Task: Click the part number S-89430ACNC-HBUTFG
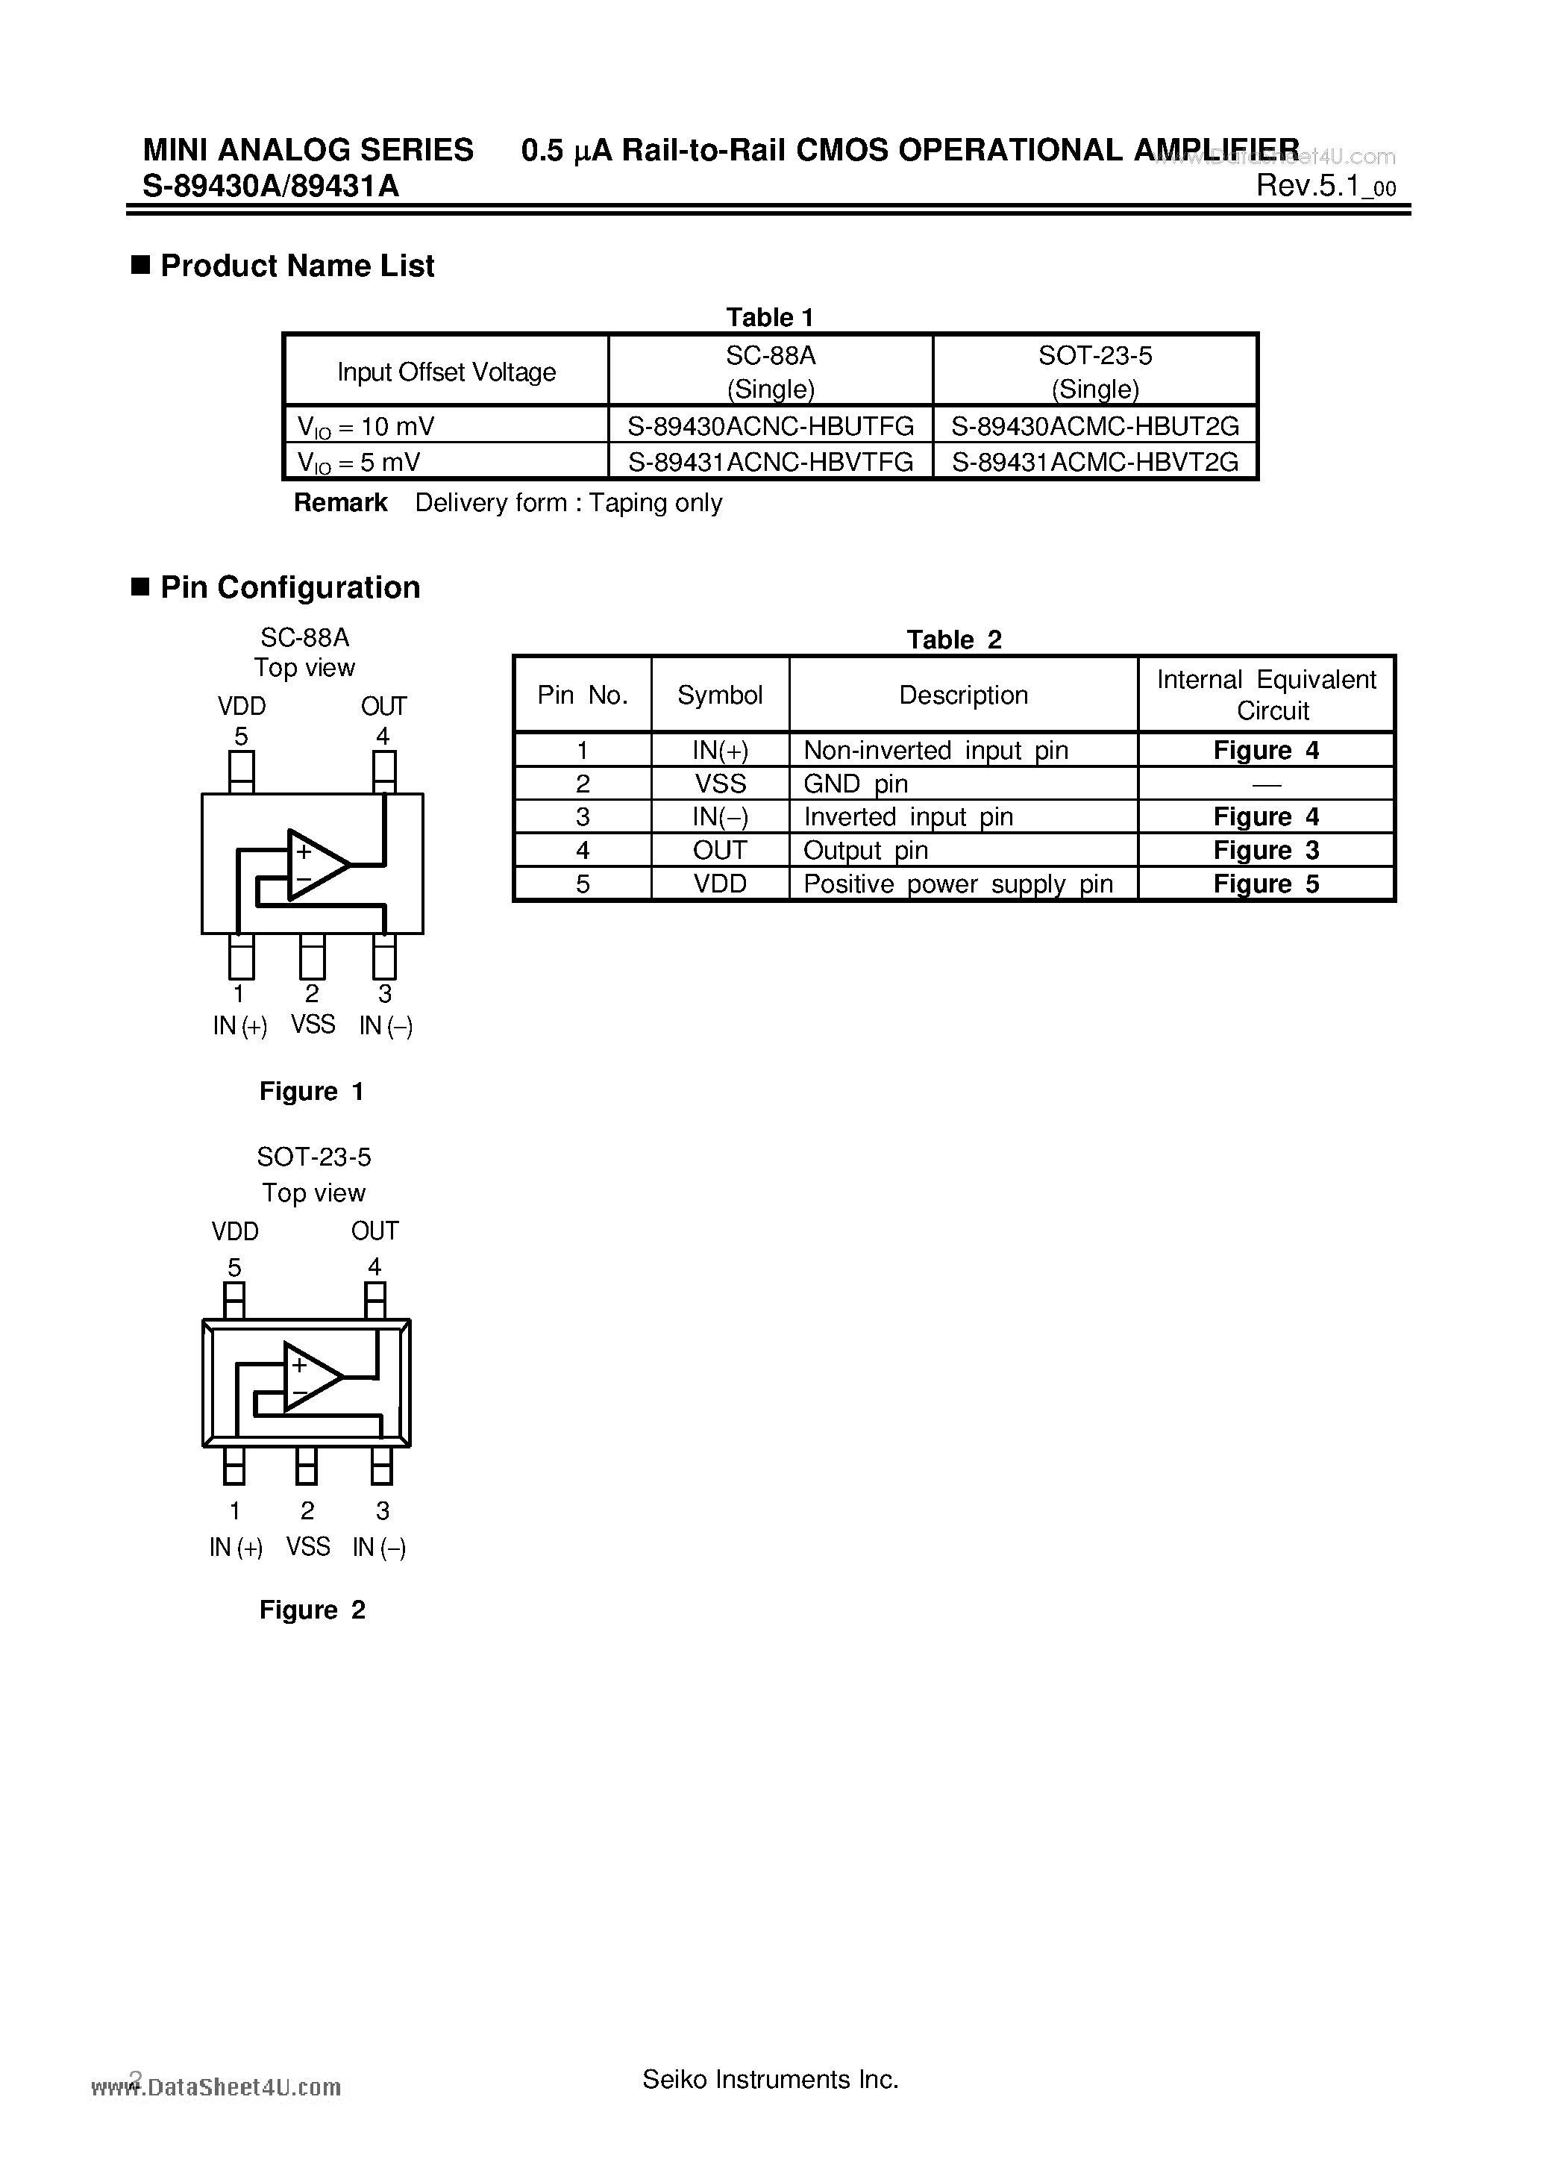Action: tap(771, 426)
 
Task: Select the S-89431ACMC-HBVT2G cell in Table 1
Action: tap(1095, 462)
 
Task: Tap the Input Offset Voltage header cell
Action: tap(447, 372)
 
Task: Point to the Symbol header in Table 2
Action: tap(720, 695)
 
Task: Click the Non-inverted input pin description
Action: tap(935, 751)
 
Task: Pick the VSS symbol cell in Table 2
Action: tap(720, 784)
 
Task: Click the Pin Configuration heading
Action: tap(289, 587)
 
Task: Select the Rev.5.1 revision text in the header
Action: tap(1326, 187)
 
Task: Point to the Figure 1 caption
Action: tap(312, 1091)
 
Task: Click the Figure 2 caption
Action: tap(312, 1610)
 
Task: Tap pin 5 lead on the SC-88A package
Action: tap(241, 771)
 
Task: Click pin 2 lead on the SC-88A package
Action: tap(312, 957)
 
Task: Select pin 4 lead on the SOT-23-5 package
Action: tap(375, 1299)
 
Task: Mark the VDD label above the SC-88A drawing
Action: tap(241, 706)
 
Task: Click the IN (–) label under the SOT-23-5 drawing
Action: tap(379, 1547)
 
